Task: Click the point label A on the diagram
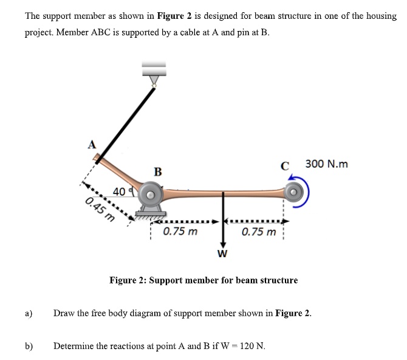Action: click(92, 144)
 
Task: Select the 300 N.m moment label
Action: click(326, 164)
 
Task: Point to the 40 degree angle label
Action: click(118, 192)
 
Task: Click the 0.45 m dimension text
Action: click(101, 209)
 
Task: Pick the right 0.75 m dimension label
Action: click(258, 231)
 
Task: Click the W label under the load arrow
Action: click(222, 252)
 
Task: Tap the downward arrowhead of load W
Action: click(223, 243)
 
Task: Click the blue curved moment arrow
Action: click(307, 190)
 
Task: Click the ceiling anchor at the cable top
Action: click(154, 71)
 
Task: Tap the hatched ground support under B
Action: click(150, 213)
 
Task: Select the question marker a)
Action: click(29, 314)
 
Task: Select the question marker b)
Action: click(29, 346)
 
